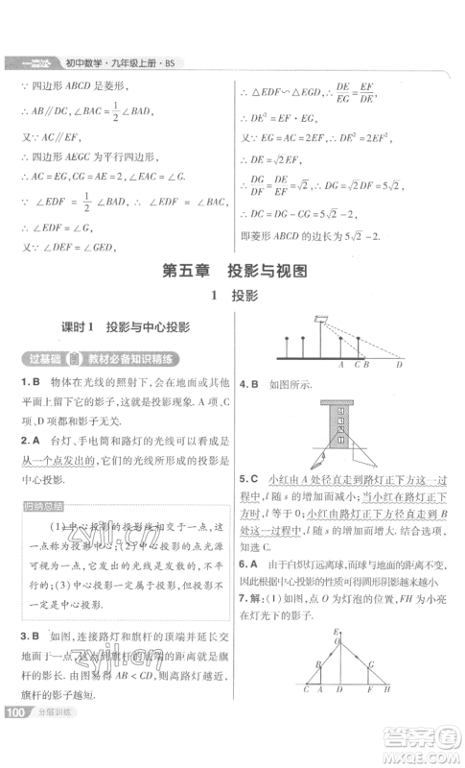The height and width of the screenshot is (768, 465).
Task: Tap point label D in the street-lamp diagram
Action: [x=399, y=366]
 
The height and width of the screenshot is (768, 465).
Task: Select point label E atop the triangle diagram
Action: [x=336, y=632]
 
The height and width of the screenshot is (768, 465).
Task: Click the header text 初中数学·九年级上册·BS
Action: [x=120, y=64]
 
